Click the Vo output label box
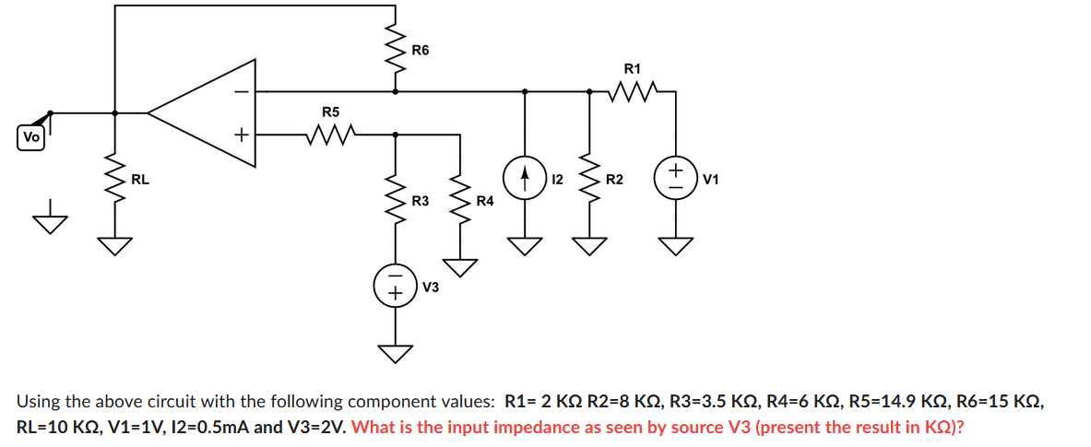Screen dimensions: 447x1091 click(x=31, y=137)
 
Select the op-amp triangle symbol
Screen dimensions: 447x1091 click(x=208, y=113)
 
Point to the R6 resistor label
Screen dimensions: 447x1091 click(x=420, y=49)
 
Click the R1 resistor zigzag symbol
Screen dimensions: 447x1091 click(x=633, y=91)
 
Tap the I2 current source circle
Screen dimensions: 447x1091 click(x=526, y=178)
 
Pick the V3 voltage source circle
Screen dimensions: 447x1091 click(x=396, y=287)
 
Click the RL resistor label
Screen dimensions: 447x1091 click(x=140, y=179)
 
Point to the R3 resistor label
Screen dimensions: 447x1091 click(x=420, y=200)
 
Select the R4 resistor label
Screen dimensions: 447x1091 click(x=484, y=200)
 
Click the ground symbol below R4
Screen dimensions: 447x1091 click(x=460, y=267)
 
